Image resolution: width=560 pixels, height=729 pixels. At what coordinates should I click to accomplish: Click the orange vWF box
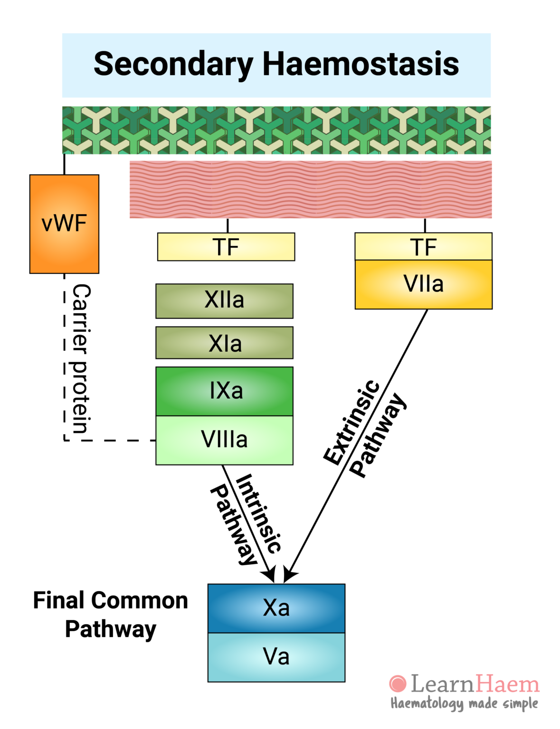[64, 224]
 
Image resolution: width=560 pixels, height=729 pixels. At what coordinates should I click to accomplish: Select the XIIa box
[224, 301]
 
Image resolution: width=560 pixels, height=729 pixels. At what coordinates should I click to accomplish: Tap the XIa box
[224, 343]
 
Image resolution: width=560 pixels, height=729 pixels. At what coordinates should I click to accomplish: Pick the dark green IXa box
[224, 391]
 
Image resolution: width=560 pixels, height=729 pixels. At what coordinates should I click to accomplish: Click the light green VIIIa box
[224, 440]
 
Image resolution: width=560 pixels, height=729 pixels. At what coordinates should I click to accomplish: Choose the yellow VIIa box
[423, 284]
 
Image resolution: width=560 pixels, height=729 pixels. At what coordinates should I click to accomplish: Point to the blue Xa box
[276, 608]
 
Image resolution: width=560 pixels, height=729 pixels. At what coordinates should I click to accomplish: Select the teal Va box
[276, 657]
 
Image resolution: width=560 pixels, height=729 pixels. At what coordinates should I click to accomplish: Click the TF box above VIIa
[423, 247]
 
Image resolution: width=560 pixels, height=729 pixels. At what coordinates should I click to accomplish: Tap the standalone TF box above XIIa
[226, 247]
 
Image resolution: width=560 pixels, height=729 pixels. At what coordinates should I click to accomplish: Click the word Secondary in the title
[173, 65]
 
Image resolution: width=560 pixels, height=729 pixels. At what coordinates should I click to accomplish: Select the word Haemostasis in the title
[361, 64]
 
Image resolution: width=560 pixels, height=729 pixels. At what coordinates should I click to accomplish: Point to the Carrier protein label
[81, 359]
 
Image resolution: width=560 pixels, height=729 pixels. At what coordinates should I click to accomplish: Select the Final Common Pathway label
[110, 615]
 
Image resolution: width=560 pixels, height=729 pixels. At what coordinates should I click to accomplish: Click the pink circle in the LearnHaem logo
[398, 684]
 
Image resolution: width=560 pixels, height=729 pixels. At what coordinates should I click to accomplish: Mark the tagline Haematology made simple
[464, 703]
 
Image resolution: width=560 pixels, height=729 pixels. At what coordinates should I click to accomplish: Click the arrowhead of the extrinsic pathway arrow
[289, 576]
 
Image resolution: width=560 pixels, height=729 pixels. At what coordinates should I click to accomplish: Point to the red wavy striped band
[311, 189]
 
